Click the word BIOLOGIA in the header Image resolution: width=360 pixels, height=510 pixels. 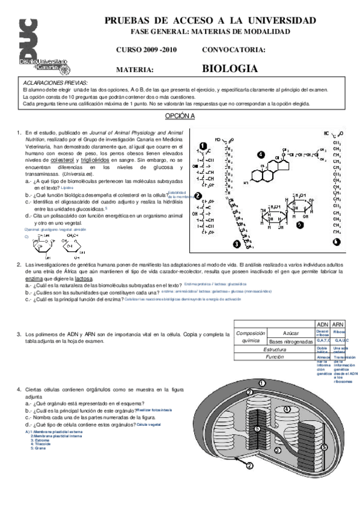pos(230,69)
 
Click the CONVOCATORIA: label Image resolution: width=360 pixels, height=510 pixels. pos(234,50)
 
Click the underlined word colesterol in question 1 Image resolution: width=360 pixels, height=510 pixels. pos(66,161)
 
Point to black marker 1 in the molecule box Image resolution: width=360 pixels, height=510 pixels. pos(203,146)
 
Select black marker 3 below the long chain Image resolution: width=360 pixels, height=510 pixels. pos(236,245)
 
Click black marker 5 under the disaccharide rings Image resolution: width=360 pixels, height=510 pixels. pos(299,224)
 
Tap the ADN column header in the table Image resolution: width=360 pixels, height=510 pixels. pos(322,324)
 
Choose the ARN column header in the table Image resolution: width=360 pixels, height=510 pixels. pos(338,324)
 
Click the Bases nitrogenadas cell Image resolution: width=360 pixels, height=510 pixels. pos(291,341)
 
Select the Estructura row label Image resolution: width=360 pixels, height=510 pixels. pos(274,349)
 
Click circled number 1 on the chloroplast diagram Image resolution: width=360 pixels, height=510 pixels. pos(262,382)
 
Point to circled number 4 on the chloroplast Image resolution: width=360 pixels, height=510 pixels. pos(287,409)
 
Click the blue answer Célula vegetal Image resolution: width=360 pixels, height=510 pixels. pos(150,424)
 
